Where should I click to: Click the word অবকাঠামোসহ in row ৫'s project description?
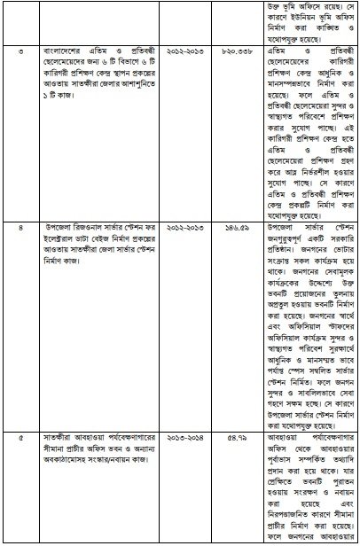[x=69, y=457]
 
